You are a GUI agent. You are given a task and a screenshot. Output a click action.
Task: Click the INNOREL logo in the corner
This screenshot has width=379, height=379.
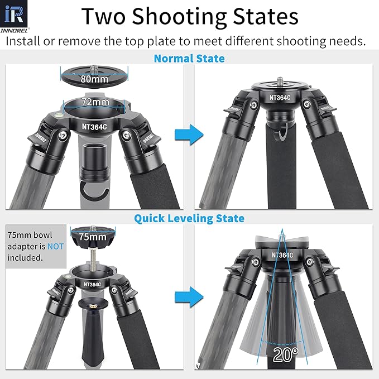(x=14, y=16)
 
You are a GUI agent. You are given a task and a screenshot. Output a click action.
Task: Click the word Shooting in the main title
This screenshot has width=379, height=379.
(x=179, y=17)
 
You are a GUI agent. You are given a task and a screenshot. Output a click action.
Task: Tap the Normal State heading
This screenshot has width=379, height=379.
(x=189, y=59)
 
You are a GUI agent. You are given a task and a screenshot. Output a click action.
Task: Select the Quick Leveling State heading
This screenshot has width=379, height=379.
(x=189, y=218)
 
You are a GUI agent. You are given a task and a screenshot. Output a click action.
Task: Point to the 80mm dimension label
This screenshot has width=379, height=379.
(x=94, y=79)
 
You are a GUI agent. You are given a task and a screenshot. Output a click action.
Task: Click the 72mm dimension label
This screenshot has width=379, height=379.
(x=95, y=102)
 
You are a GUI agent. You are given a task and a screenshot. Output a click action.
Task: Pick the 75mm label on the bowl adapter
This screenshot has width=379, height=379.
(x=93, y=237)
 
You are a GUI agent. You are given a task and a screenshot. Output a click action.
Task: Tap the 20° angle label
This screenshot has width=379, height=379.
(x=286, y=355)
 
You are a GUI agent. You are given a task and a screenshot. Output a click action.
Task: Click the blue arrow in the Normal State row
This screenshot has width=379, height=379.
(x=189, y=135)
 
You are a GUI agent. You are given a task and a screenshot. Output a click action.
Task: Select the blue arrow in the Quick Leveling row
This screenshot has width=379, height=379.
(x=189, y=297)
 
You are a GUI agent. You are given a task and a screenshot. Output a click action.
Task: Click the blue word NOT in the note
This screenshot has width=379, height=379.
(x=56, y=246)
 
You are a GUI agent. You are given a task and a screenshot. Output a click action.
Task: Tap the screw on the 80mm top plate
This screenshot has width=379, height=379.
(x=94, y=69)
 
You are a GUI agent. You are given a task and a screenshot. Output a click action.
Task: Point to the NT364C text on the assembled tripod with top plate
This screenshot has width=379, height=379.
(x=280, y=98)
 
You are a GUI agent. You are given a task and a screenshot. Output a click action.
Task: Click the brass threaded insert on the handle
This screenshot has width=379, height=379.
(x=93, y=306)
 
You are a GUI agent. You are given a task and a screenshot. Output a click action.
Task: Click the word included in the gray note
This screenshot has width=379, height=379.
(x=25, y=258)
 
